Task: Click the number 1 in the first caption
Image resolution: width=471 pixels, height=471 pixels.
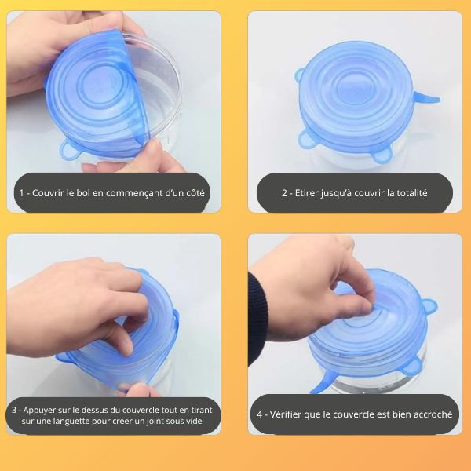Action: click(x=22, y=192)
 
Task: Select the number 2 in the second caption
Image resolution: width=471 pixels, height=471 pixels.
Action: click(x=285, y=192)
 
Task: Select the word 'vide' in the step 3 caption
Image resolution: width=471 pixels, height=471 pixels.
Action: click(x=206, y=422)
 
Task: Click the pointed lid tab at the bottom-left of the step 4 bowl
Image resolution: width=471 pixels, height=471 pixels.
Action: click(x=321, y=386)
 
